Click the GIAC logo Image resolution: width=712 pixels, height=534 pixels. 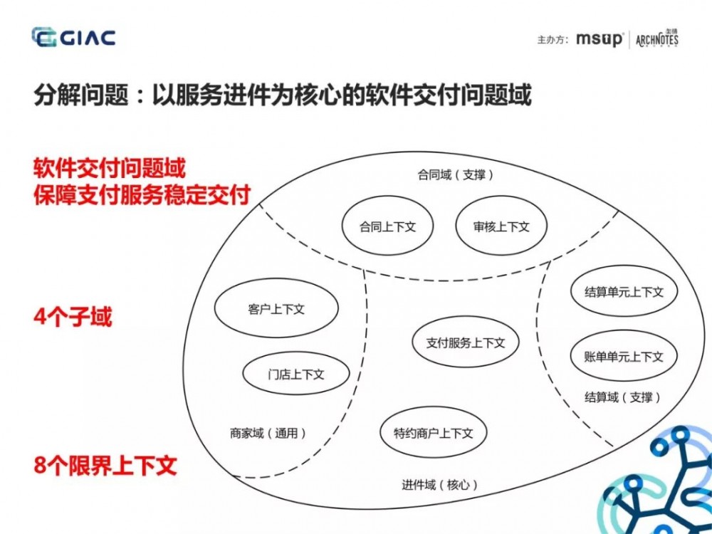(73, 37)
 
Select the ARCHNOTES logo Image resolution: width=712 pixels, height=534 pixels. (656, 38)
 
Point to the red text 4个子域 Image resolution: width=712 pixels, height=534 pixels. (73, 317)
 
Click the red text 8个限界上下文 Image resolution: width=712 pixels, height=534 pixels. (105, 466)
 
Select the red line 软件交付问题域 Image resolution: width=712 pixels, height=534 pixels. (110, 169)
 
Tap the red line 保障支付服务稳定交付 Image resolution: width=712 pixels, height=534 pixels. (142, 194)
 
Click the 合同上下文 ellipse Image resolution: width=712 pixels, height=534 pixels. (387, 226)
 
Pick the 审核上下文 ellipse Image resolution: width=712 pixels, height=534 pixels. (501, 226)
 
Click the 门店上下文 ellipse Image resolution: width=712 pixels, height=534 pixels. (296, 374)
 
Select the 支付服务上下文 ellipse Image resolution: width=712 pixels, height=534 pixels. (466, 342)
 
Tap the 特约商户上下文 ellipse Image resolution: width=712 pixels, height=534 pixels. (433, 433)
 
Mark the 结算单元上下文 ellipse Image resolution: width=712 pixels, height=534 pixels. (624, 291)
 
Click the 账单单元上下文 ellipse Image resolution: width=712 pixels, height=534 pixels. (624, 355)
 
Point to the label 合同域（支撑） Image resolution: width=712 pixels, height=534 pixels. (456, 174)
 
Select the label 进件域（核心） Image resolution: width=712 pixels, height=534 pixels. (439, 485)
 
